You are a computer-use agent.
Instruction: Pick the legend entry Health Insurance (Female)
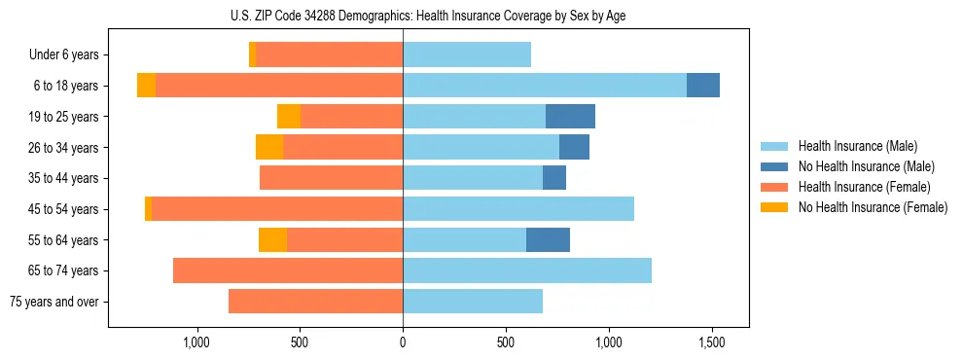[864, 187]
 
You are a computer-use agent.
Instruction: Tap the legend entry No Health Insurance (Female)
[873, 207]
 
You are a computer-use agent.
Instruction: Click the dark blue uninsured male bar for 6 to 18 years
[703, 86]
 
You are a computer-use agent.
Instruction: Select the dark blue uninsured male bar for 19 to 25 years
[570, 117]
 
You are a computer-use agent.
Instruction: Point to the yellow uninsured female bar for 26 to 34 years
[269, 147]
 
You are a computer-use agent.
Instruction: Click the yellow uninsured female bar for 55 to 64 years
[272, 239]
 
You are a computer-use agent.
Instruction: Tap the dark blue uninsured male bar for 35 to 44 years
[554, 178]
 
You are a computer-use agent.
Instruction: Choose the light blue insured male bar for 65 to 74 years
[527, 270]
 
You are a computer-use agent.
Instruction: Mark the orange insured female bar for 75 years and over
[316, 302]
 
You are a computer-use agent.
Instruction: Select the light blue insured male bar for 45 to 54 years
[518, 209]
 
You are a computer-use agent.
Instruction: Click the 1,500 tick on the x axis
[712, 342]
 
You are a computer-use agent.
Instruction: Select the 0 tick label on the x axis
[403, 342]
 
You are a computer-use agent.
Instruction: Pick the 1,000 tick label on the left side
[196, 342]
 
